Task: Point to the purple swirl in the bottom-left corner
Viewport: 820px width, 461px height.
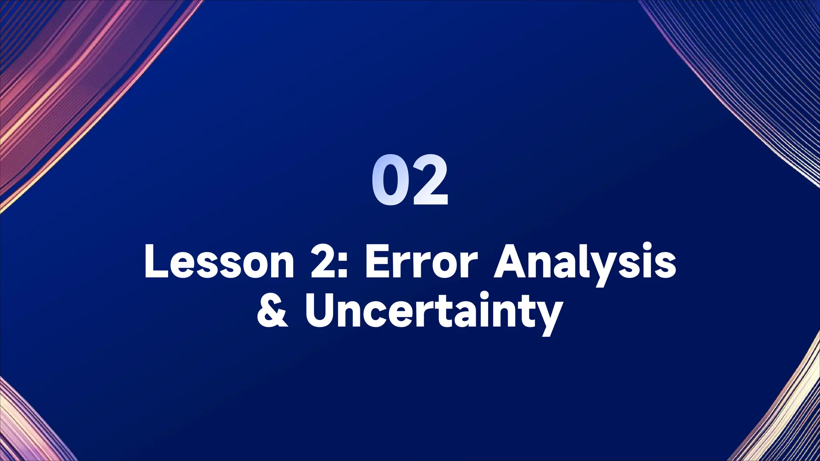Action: (x=28, y=424)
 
